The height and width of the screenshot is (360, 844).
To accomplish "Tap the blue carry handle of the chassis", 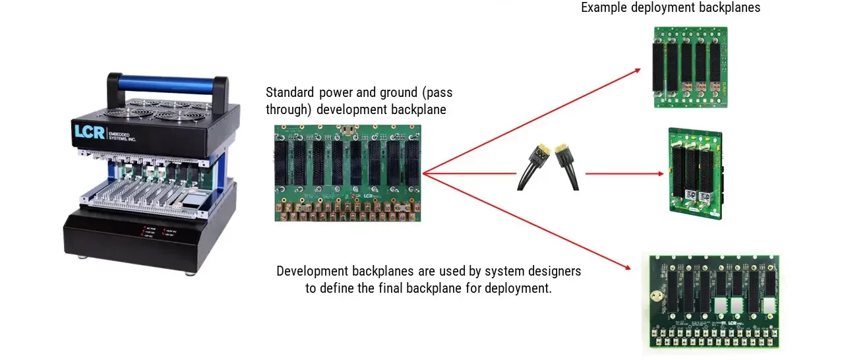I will [167, 84].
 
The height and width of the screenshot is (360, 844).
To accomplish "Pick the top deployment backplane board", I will [690, 67].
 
